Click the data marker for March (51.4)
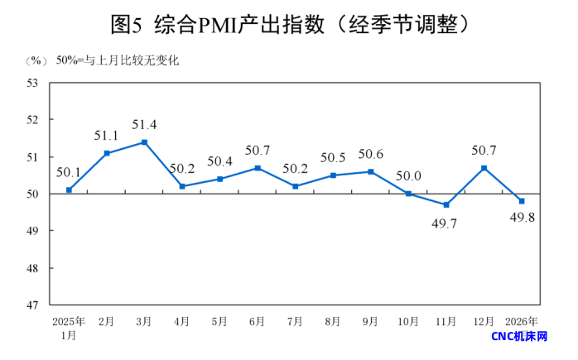tap(145, 142)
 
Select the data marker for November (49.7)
tap(446, 204)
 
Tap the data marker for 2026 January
tap(522, 201)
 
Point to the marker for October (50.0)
tap(408, 194)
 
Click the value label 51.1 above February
tap(107, 136)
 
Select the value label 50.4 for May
tap(219, 161)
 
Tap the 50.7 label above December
tap(484, 151)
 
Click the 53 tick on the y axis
tap(34, 83)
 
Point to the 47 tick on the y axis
tap(34, 305)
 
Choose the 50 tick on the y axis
tap(34, 194)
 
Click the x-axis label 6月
tap(258, 321)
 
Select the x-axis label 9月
tap(370, 321)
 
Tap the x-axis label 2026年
tap(522, 321)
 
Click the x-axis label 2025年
tap(69, 321)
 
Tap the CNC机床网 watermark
tap(520, 337)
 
